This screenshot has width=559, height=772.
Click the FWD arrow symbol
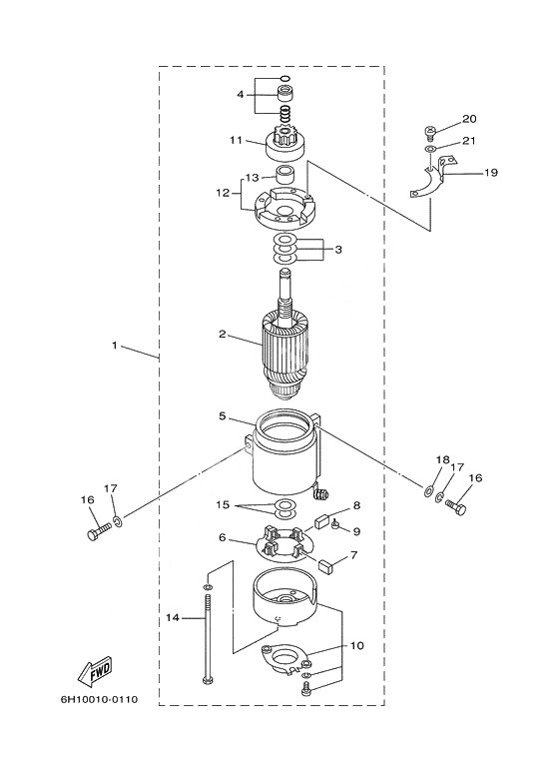96,670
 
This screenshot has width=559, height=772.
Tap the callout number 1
115,346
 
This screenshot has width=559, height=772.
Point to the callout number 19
491,173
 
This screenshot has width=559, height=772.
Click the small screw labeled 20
428,132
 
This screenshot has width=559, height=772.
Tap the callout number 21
469,141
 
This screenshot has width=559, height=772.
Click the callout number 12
223,193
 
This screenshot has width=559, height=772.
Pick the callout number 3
338,250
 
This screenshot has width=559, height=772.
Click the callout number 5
223,416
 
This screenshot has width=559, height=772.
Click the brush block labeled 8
323,521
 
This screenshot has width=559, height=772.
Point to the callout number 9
356,531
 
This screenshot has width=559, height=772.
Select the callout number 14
173,617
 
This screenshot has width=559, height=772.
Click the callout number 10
357,645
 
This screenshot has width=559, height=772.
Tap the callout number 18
442,459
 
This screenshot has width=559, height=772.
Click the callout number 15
223,505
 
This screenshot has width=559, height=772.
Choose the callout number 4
241,94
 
